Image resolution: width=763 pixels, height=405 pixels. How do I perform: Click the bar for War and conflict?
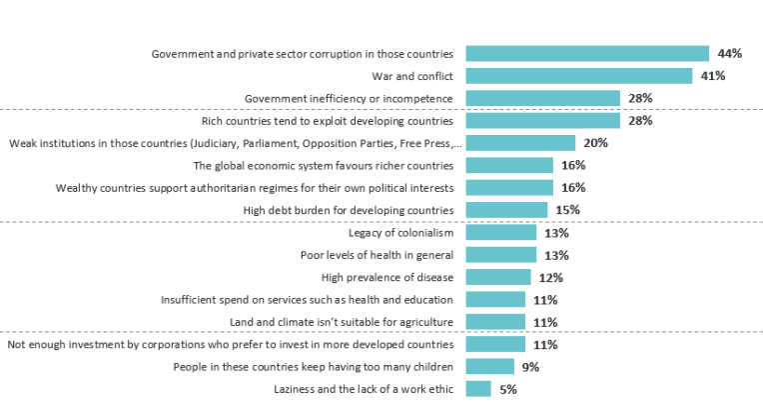(x=578, y=76)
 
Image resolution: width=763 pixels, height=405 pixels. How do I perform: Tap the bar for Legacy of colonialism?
(x=500, y=233)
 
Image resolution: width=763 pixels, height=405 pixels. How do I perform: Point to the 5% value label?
(x=507, y=390)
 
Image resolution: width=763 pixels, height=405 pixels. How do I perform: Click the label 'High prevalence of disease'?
(x=386, y=277)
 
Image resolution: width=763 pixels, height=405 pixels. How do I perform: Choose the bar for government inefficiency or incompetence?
(x=542, y=98)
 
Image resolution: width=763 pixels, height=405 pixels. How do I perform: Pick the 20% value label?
(x=595, y=143)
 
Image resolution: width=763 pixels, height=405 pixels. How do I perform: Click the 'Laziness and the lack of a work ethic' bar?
(x=478, y=389)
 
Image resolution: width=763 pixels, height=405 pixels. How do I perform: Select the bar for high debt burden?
(x=506, y=210)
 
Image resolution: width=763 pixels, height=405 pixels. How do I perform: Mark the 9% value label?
(x=530, y=367)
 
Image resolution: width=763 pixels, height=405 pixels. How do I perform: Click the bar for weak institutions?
(x=520, y=143)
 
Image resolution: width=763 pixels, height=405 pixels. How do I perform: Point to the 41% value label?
(x=711, y=76)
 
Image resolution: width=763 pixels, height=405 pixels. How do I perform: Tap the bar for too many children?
(x=489, y=367)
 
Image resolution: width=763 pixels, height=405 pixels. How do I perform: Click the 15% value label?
(x=567, y=210)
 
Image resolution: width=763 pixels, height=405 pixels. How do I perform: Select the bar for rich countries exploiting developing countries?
(x=542, y=120)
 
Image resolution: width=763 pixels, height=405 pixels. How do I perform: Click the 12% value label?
(x=550, y=278)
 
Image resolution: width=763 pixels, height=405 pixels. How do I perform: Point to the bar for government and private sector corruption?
(x=587, y=53)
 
